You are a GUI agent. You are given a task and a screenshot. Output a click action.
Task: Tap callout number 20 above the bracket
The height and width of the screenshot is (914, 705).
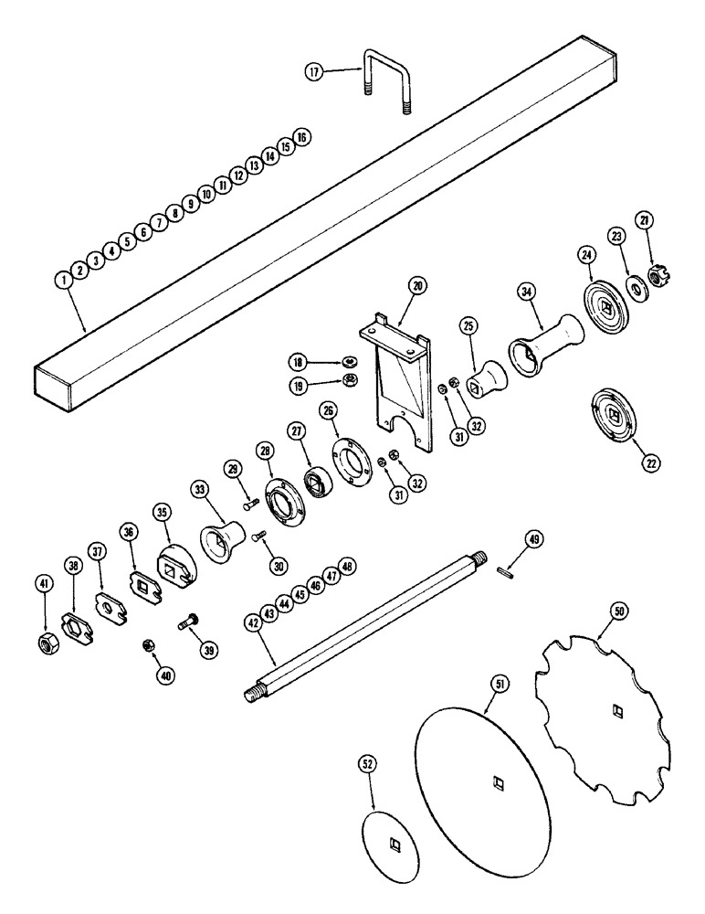coord(416,286)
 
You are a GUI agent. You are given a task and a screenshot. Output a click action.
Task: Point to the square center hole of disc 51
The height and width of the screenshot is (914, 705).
coord(496,781)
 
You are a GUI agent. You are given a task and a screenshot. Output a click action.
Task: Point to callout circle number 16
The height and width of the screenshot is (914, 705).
coord(302,136)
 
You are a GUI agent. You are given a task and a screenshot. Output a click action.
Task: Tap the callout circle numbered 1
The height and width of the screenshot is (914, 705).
coord(65,280)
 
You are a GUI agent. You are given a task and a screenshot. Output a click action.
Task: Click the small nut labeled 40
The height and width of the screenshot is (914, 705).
coord(149,646)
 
